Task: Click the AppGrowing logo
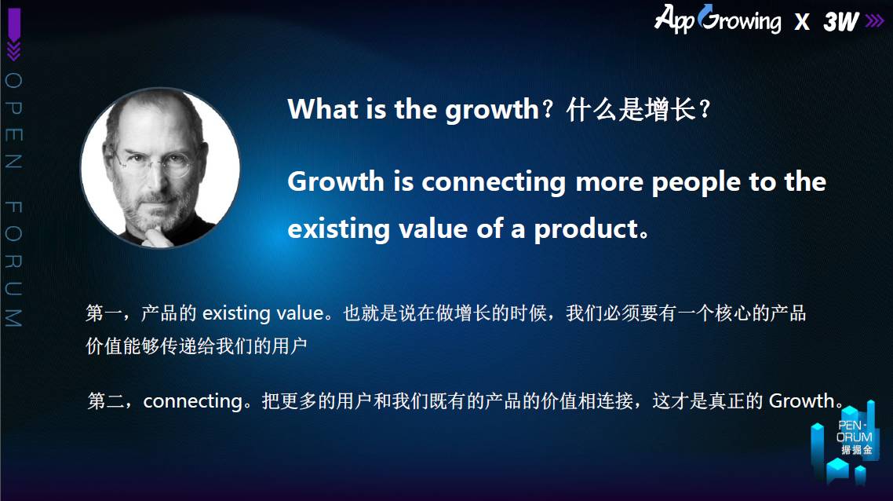pos(717,19)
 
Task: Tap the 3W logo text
pos(841,22)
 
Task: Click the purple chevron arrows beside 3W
pos(874,21)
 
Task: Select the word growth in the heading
pos(491,110)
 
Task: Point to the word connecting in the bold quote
pos(494,183)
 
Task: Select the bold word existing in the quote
pos(339,229)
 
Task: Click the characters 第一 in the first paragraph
pos(104,313)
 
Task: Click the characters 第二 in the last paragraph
pos(105,401)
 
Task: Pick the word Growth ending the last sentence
pos(801,401)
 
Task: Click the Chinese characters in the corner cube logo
pos(857,450)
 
